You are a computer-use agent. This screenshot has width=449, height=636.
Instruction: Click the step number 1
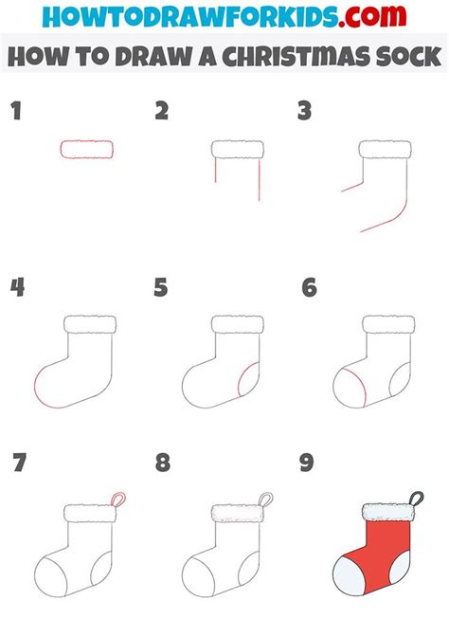pos(15,112)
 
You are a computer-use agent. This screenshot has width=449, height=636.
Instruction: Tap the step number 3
pos(304,112)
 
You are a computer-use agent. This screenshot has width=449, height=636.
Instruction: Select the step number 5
pos(160,287)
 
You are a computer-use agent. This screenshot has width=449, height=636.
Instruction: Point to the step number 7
pos(18,463)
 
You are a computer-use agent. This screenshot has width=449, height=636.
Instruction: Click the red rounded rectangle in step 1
pos(87,149)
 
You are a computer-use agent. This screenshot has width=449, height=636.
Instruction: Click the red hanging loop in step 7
pos(117,499)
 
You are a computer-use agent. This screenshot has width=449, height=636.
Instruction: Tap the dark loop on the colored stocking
pos(414,496)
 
